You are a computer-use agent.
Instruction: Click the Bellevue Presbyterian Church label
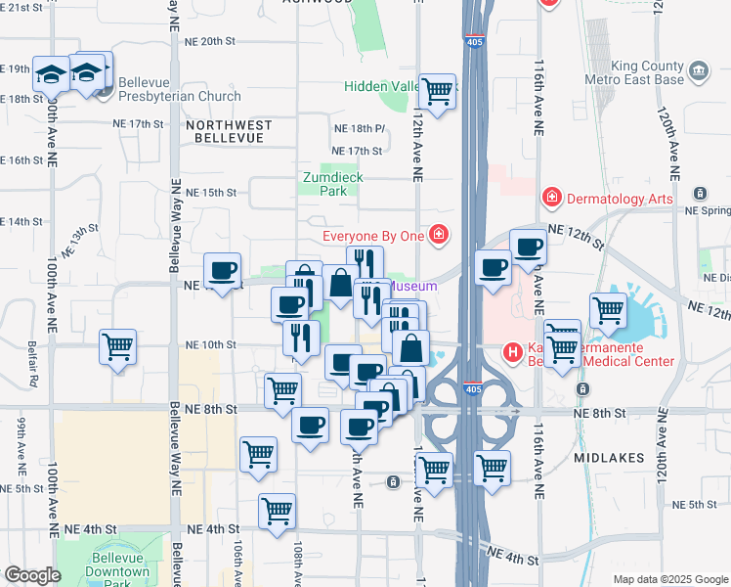(x=181, y=96)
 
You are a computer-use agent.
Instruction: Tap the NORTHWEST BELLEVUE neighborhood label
(x=225, y=132)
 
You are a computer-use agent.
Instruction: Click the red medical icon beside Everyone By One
(x=439, y=235)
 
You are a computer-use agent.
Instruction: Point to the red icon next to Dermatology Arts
(x=552, y=199)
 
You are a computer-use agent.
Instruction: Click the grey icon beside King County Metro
(x=698, y=69)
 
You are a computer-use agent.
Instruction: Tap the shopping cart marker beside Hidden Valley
(x=437, y=92)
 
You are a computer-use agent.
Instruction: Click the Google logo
(x=32, y=575)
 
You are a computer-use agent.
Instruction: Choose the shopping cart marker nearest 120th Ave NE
(x=609, y=310)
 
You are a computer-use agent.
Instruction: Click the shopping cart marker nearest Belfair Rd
(x=118, y=346)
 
